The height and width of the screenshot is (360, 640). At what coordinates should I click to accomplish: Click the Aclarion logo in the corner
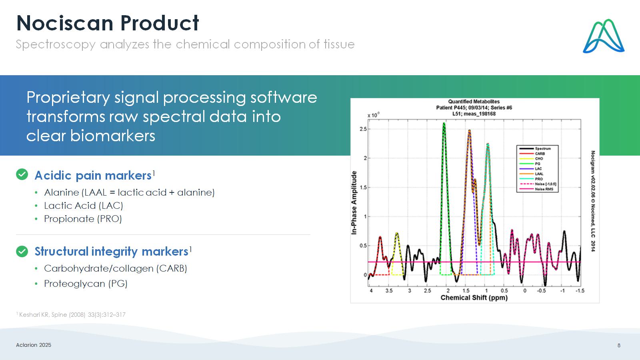[604, 36]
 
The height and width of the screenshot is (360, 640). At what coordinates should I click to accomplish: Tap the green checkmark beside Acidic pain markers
[22, 174]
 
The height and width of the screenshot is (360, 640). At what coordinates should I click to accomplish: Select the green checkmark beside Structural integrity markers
[22, 252]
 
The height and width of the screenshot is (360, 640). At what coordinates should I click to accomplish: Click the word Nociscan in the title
[65, 23]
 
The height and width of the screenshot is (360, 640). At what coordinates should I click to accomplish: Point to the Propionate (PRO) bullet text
[83, 219]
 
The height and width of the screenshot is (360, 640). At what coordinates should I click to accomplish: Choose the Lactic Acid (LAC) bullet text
[84, 206]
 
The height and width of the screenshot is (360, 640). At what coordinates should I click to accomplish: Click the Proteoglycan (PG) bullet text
[86, 284]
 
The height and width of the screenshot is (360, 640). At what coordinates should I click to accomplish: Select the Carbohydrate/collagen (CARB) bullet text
[116, 268]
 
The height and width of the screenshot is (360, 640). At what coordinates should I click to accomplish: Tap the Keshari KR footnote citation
[71, 314]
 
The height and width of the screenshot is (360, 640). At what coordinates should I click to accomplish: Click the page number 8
[619, 346]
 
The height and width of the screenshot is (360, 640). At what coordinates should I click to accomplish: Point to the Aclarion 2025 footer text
[34, 345]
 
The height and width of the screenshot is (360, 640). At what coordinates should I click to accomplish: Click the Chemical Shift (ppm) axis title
[474, 298]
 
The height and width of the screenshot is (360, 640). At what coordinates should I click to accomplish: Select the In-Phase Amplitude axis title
[354, 203]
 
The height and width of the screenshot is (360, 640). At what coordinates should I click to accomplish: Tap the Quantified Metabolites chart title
[474, 102]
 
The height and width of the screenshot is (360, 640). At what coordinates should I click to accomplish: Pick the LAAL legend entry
[532, 174]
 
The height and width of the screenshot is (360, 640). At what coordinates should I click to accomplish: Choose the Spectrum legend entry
[535, 148]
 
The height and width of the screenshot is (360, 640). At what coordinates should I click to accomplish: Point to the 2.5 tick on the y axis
[363, 129]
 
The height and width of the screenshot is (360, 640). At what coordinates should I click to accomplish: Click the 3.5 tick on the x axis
[389, 290]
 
